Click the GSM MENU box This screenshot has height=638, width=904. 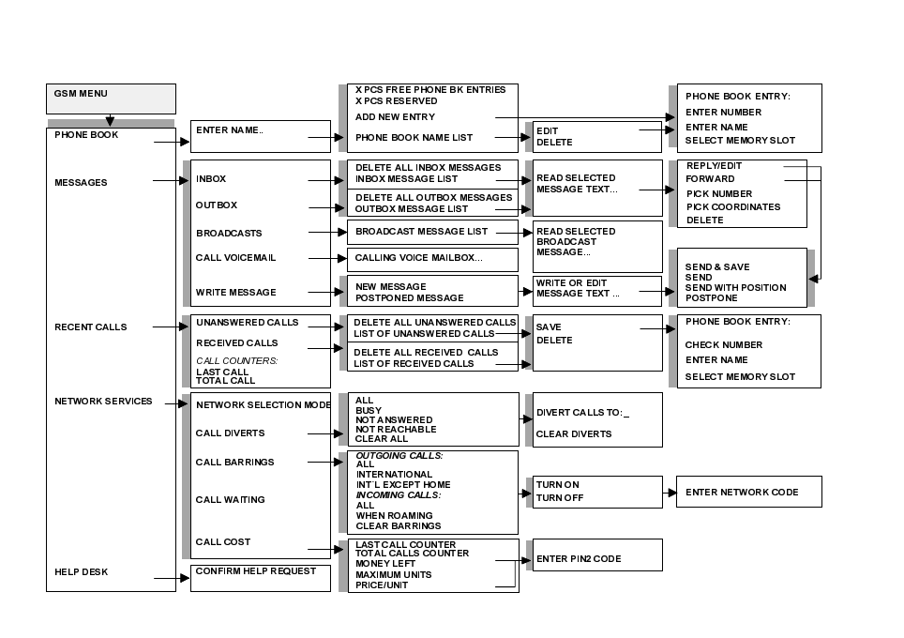point(111,99)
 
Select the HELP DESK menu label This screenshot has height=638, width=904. point(81,572)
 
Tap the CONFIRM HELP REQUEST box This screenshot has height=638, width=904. point(260,577)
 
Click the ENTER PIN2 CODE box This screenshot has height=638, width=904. point(596,554)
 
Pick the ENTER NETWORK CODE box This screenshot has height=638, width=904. point(748,492)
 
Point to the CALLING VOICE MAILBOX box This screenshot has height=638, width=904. point(432,259)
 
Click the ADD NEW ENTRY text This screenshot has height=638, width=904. point(395,117)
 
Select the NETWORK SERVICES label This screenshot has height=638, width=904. point(103,402)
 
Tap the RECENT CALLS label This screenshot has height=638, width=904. point(90,327)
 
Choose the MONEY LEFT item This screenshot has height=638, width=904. point(384,564)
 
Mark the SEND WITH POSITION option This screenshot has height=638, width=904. point(735,288)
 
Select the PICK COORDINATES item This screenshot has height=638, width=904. point(732,207)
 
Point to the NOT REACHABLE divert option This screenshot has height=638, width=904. point(396,430)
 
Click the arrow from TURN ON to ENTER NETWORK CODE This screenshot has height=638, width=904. point(668,493)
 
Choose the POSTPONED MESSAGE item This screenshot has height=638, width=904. point(409,298)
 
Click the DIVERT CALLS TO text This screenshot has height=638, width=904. point(582,413)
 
